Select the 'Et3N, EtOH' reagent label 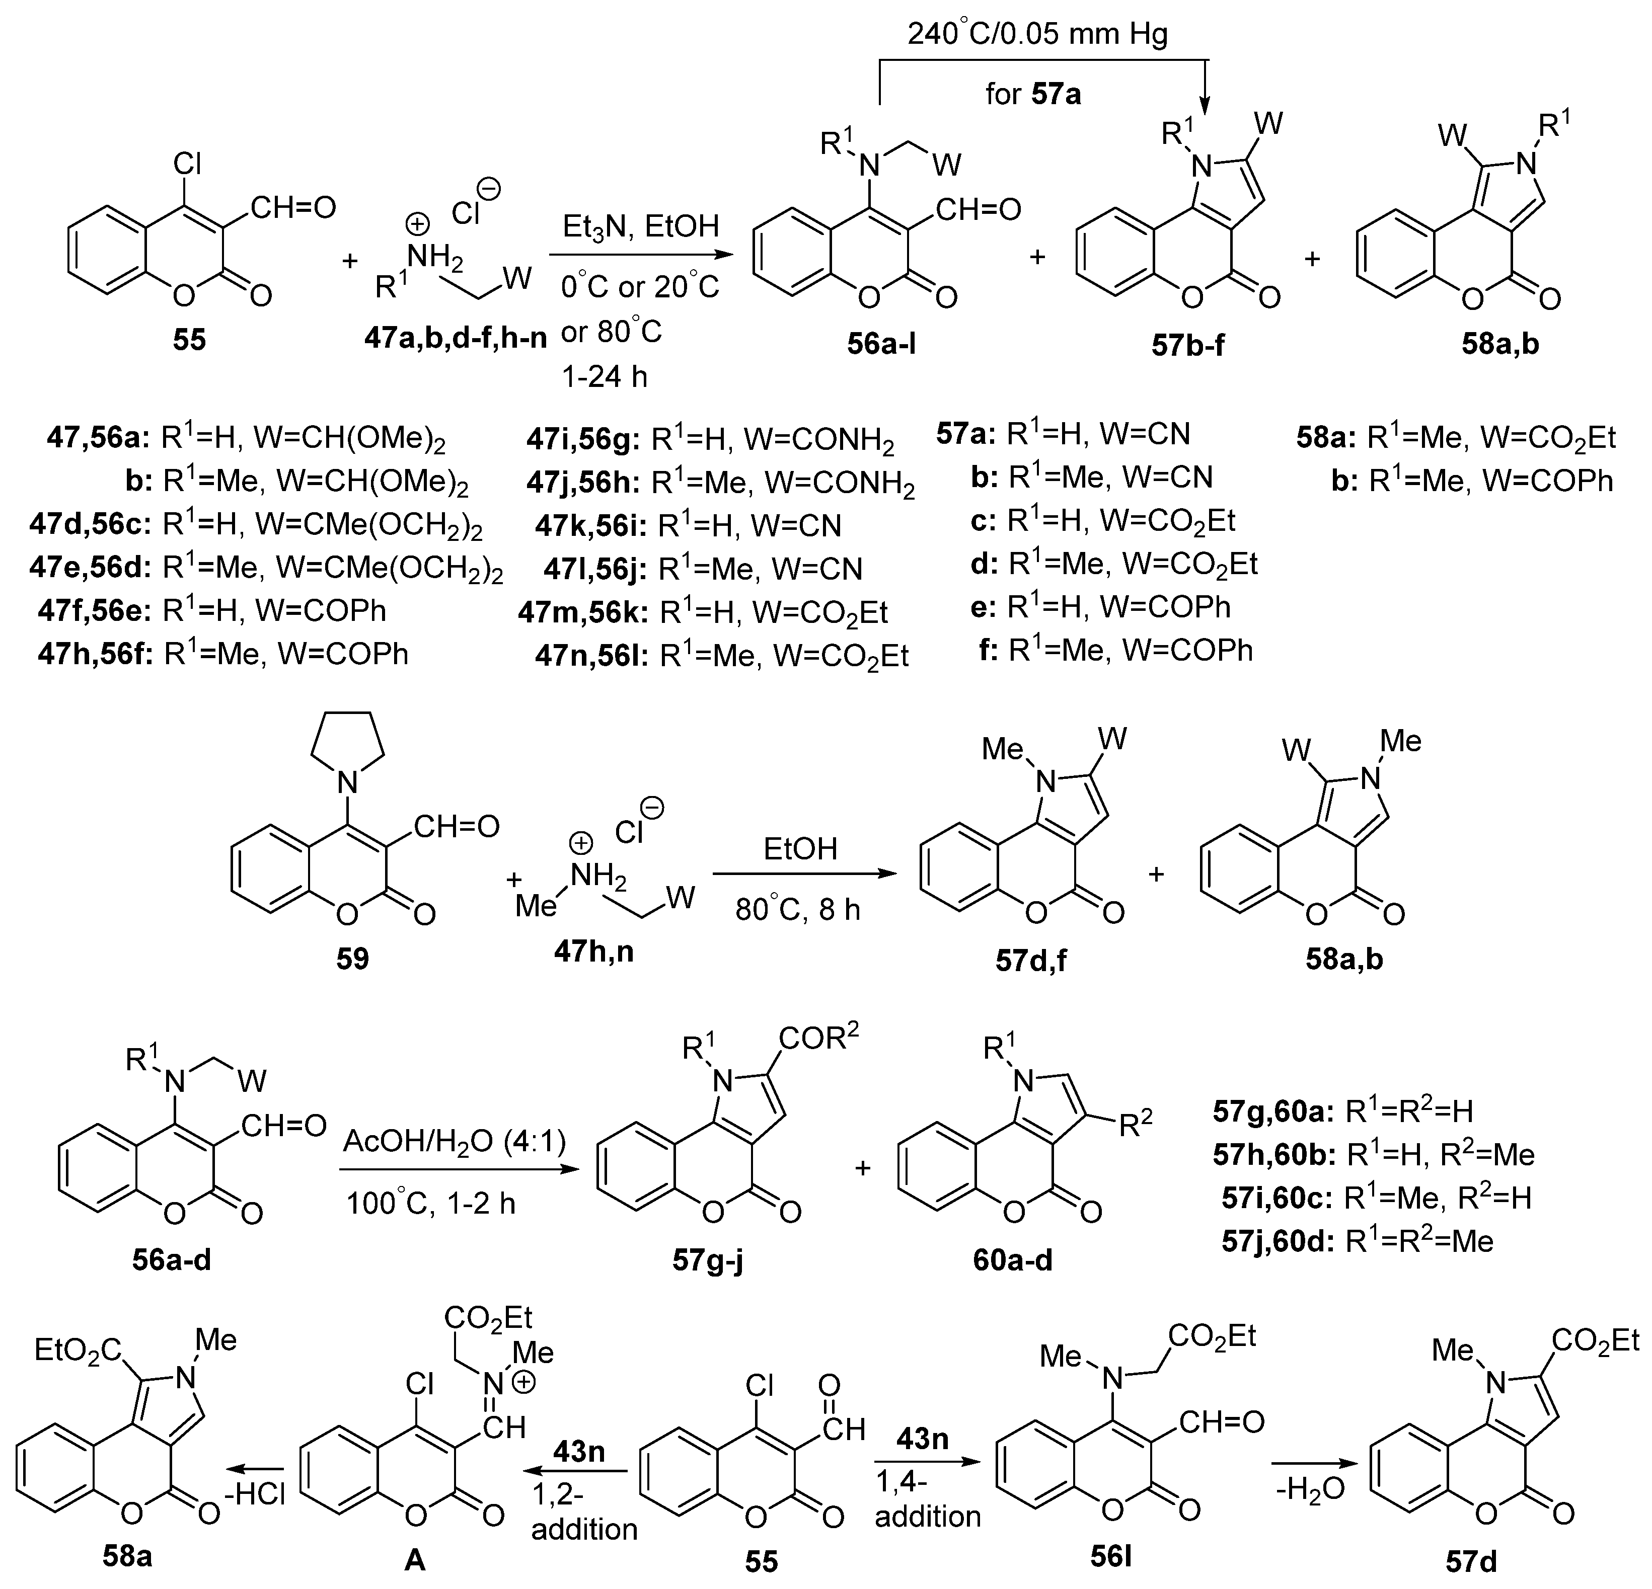pos(641,226)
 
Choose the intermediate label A pos(415,1560)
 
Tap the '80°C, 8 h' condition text pos(797,910)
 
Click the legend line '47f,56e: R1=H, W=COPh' pos(211,610)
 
